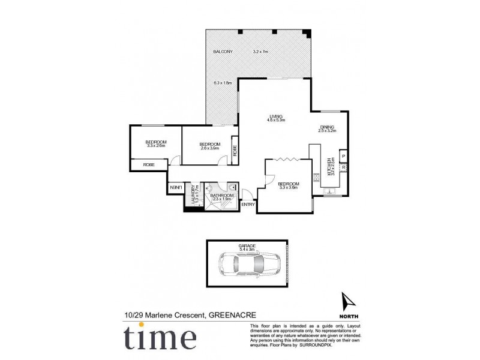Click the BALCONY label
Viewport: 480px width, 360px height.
pyautogui.click(x=223, y=52)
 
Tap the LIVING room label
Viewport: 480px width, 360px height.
pyautogui.click(x=275, y=116)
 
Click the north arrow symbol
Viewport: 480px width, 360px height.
pyautogui.click(x=346, y=301)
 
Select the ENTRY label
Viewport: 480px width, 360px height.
pyautogui.click(x=248, y=205)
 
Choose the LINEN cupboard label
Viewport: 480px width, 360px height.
pyautogui.click(x=175, y=187)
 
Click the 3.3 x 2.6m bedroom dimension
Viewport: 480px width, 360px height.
pyautogui.click(x=155, y=146)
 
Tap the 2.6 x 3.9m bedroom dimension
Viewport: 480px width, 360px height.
pyautogui.click(x=210, y=148)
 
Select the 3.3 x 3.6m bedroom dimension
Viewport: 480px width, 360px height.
pyautogui.click(x=288, y=187)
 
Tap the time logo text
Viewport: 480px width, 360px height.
pyautogui.click(x=160, y=338)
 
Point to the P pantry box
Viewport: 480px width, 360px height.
pyautogui.click(x=343, y=156)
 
